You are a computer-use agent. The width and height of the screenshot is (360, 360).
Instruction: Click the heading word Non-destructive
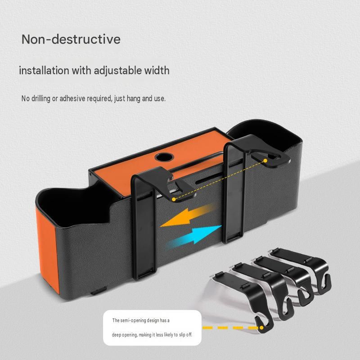click(x=71, y=39)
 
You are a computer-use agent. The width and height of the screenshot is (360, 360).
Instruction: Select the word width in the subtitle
click(x=157, y=70)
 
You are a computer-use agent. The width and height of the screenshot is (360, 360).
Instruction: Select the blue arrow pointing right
click(x=194, y=238)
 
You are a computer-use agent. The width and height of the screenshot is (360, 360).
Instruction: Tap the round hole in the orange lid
click(x=164, y=157)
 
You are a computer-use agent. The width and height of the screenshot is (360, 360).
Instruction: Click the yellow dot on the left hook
click(x=174, y=199)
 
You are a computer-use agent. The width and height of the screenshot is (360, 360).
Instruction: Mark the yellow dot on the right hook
click(x=265, y=161)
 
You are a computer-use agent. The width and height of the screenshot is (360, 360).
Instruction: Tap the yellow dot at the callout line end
click(x=261, y=328)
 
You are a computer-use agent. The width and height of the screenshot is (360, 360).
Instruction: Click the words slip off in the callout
click(x=185, y=335)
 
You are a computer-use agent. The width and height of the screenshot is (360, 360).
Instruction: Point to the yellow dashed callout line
click(x=231, y=328)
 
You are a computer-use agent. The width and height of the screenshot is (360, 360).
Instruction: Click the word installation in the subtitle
click(x=44, y=71)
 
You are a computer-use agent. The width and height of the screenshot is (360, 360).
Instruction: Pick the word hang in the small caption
click(x=133, y=99)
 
